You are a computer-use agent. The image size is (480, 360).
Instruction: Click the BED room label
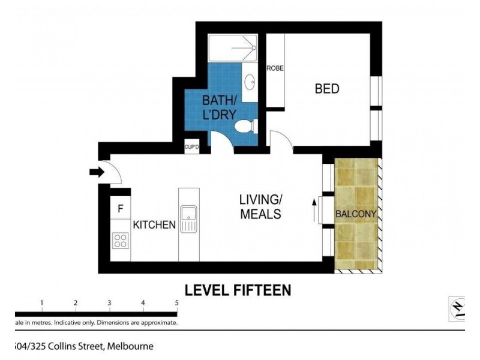[327, 89]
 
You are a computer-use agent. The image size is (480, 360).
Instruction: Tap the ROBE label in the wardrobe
[275, 68]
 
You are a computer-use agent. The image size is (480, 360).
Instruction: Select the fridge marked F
[120, 209]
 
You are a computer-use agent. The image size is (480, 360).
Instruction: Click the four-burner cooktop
[120, 241]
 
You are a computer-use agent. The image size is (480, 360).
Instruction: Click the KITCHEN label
[154, 226]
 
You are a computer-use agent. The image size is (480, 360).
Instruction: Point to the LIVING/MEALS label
[260, 206]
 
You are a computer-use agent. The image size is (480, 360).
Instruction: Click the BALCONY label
[356, 214]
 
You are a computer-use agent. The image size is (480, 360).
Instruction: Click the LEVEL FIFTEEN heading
[238, 290]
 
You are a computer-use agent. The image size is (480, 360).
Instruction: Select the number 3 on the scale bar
[109, 303]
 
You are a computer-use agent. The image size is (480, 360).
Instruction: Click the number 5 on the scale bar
[176, 303]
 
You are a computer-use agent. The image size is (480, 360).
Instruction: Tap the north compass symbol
[457, 307]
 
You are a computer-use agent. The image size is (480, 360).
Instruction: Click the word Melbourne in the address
[130, 346]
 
